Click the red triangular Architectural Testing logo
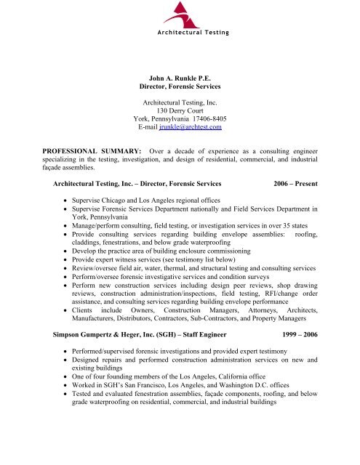tap(177, 15)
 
